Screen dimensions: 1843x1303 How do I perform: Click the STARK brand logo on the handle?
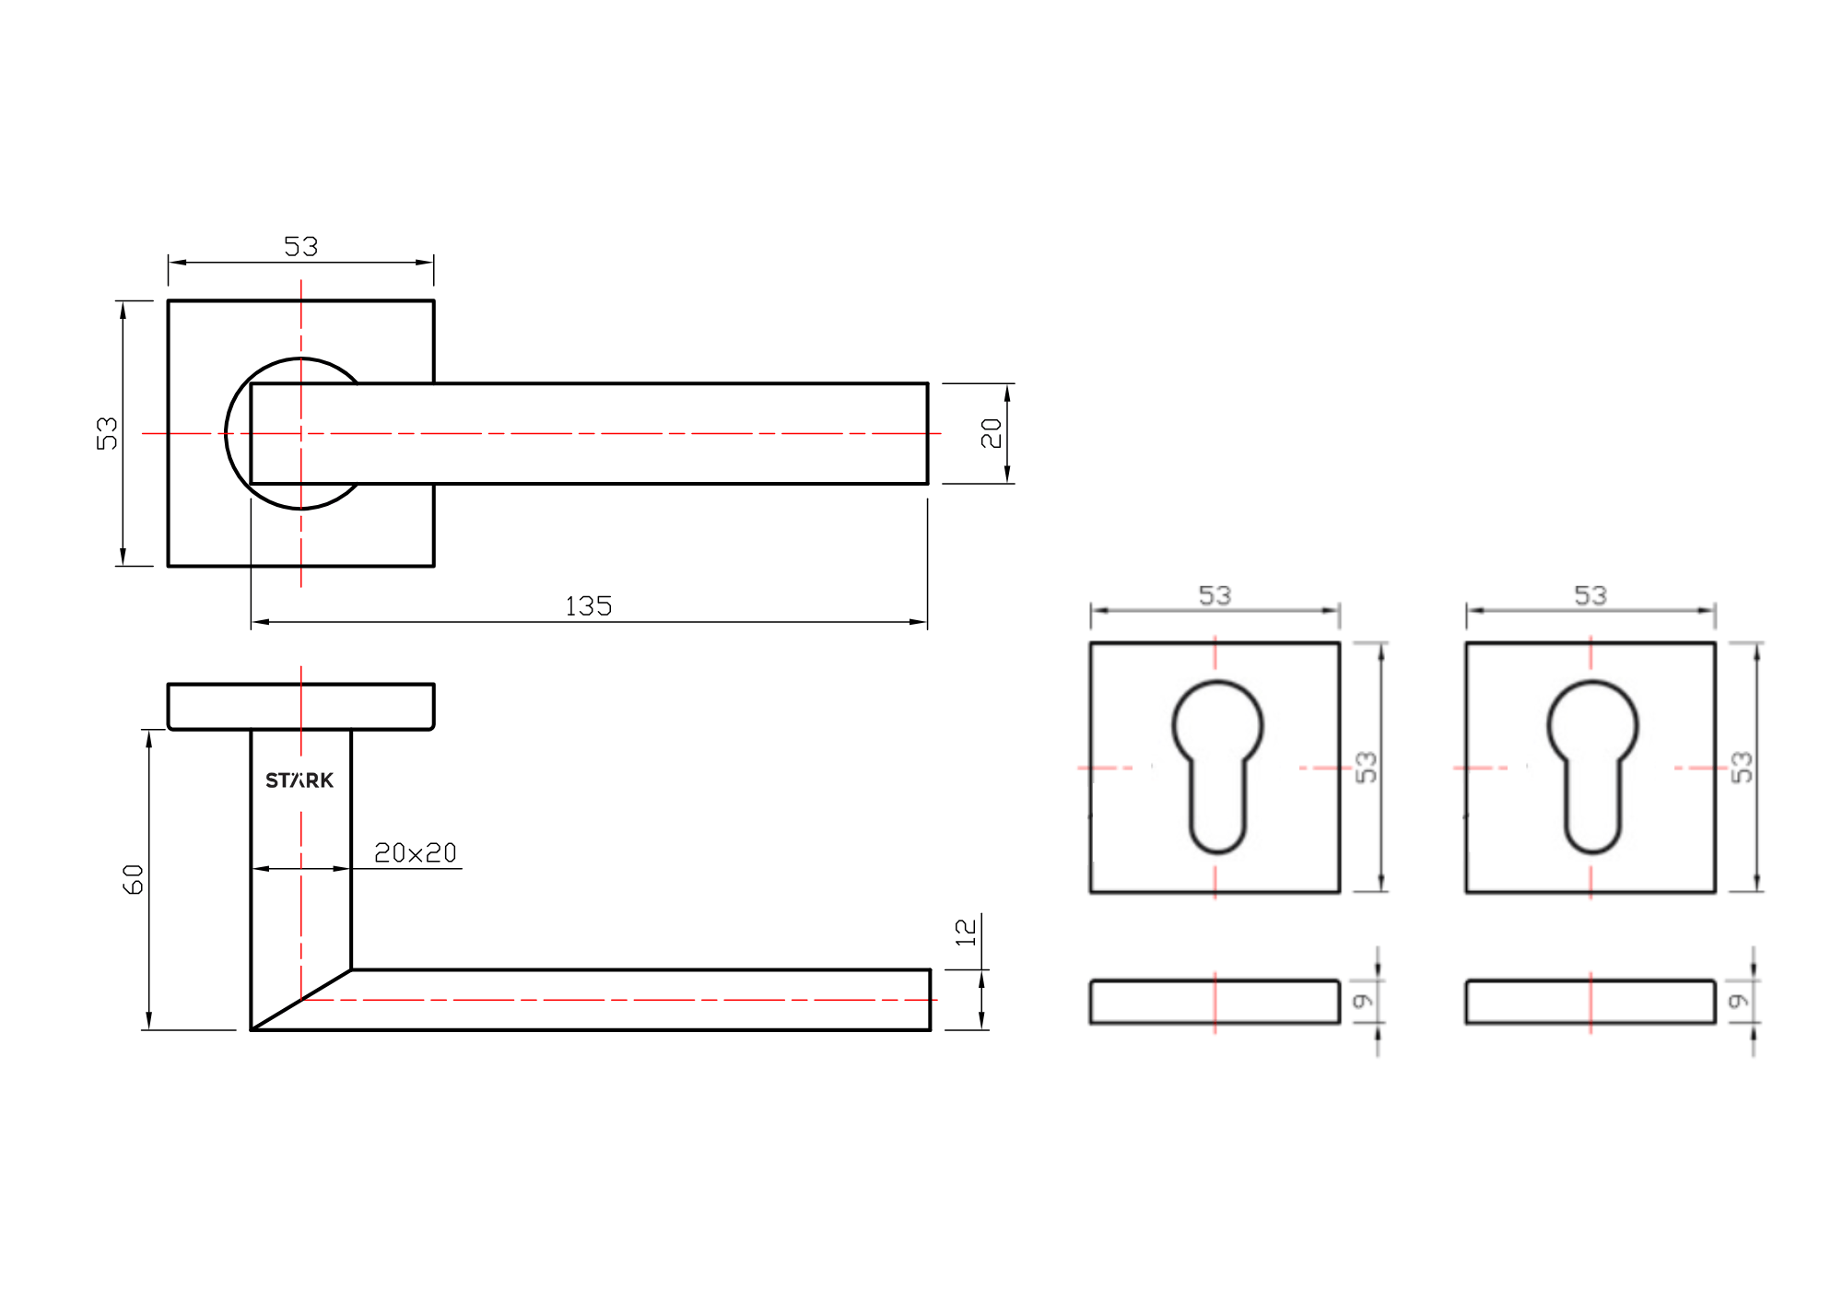click(x=299, y=781)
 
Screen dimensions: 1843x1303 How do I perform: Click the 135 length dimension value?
click(x=588, y=606)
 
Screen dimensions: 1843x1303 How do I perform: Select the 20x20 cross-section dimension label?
click(x=416, y=853)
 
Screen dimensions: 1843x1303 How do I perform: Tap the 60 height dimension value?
click(x=134, y=879)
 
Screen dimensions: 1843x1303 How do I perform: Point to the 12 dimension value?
click(x=966, y=933)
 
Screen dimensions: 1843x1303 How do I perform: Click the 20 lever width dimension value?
click(x=992, y=433)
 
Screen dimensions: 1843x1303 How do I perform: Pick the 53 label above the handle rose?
click(x=300, y=246)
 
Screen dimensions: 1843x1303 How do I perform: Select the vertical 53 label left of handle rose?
click(x=107, y=433)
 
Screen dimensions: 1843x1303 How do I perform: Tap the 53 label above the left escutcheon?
click(x=1215, y=595)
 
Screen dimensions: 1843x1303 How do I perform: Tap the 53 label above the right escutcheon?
click(x=1591, y=595)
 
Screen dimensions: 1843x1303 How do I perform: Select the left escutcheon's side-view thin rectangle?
click(x=1215, y=1002)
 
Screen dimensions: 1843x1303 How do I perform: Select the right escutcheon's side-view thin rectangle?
click(x=1591, y=1002)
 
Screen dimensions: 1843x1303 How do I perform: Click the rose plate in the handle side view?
click(x=300, y=707)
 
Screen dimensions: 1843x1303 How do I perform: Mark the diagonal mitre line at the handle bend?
click(x=301, y=1000)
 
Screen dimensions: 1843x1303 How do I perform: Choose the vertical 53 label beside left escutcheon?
click(x=1367, y=767)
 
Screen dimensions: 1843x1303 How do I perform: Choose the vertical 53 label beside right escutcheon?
click(x=1742, y=767)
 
